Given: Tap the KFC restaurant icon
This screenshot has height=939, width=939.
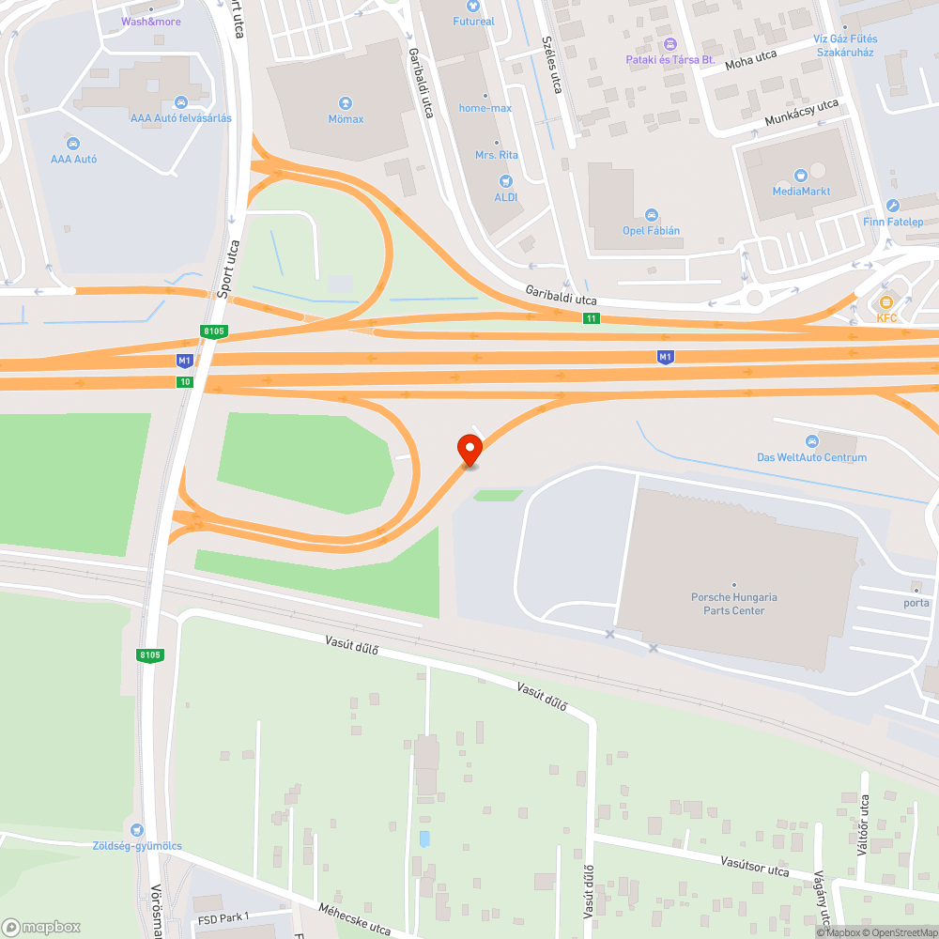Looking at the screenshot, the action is click(886, 302).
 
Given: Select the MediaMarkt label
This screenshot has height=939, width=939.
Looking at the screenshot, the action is click(800, 192).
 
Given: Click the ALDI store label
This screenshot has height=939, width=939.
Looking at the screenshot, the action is click(506, 196).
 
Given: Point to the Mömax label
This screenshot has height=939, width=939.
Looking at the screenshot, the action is click(346, 119).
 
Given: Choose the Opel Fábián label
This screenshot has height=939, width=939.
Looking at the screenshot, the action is click(651, 230).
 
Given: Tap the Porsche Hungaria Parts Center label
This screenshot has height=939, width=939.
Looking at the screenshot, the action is click(734, 604).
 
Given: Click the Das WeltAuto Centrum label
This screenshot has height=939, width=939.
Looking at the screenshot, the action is click(811, 457).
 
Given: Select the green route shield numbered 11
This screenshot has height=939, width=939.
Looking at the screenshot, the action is click(591, 319).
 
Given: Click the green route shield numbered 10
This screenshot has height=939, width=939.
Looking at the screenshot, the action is click(184, 381).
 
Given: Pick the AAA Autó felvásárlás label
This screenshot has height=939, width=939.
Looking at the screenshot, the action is click(181, 117).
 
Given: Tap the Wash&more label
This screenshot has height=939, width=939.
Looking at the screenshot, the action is click(151, 21).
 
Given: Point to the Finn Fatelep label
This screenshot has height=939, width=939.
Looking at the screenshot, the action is click(893, 222).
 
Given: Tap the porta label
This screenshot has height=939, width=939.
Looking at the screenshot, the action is click(916, 603).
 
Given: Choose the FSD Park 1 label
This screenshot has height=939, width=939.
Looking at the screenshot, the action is click(223, 916).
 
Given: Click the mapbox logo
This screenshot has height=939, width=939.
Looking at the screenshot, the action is click(41, 926).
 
